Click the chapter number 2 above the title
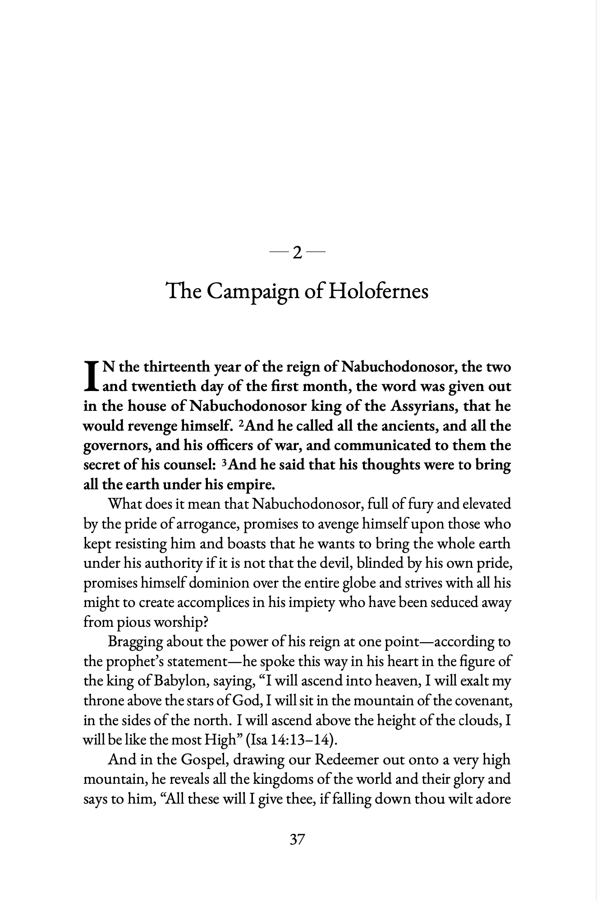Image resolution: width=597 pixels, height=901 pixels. pyautogui.click(x=297, y=253)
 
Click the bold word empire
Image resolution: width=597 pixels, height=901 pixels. pyautogui.click(x=253, y=485)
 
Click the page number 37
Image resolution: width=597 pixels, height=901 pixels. pyautogui.click(x=298, y=839)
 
